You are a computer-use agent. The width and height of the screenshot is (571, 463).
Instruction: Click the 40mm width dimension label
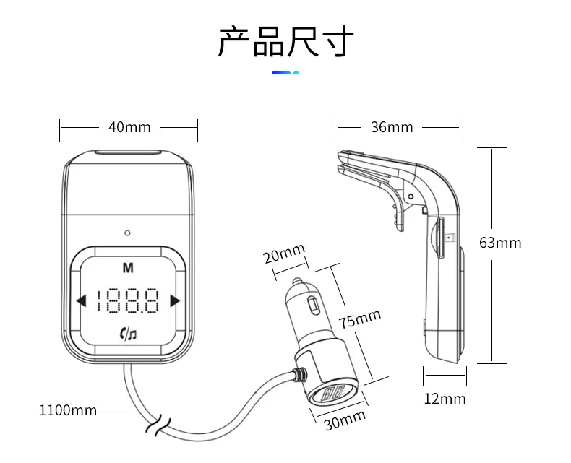(x=129, y=127)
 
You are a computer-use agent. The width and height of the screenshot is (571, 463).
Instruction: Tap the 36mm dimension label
(x=392, y=127)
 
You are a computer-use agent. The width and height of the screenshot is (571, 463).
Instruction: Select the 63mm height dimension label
(x=500, y=243)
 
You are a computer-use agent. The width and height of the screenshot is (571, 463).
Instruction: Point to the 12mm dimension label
(x=445, y=399)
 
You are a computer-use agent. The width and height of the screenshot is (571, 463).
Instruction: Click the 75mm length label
(x=360, y=318)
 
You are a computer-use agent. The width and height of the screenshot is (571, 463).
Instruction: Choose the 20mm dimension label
(x=284, y=253)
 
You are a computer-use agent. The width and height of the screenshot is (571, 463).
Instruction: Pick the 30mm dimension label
(x=345, y=420)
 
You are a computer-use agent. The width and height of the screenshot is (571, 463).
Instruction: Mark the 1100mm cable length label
(x=68, y=410)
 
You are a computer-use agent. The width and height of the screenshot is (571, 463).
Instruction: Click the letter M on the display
(x=128, y=268)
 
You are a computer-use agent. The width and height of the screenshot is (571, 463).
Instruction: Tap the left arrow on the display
(x=81, y=301)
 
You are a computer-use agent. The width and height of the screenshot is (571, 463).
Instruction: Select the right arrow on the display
(x=175, y=301)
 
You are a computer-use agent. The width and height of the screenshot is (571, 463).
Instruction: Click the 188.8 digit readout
(x=128, y=300)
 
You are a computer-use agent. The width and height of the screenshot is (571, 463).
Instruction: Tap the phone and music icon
(x=128, y=334)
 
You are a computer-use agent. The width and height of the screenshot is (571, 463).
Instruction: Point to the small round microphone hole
(x=127, y=233)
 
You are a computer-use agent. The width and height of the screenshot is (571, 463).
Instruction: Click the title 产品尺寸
(x=286, y=41)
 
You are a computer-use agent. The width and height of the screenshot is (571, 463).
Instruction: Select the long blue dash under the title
(x=281, y=72)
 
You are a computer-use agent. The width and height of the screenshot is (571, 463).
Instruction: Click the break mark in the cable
(x=158, y=425)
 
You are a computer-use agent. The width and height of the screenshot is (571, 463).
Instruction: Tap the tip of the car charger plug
(x=297, y=281)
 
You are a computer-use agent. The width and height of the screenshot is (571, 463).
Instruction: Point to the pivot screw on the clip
(x=411, y=196)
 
